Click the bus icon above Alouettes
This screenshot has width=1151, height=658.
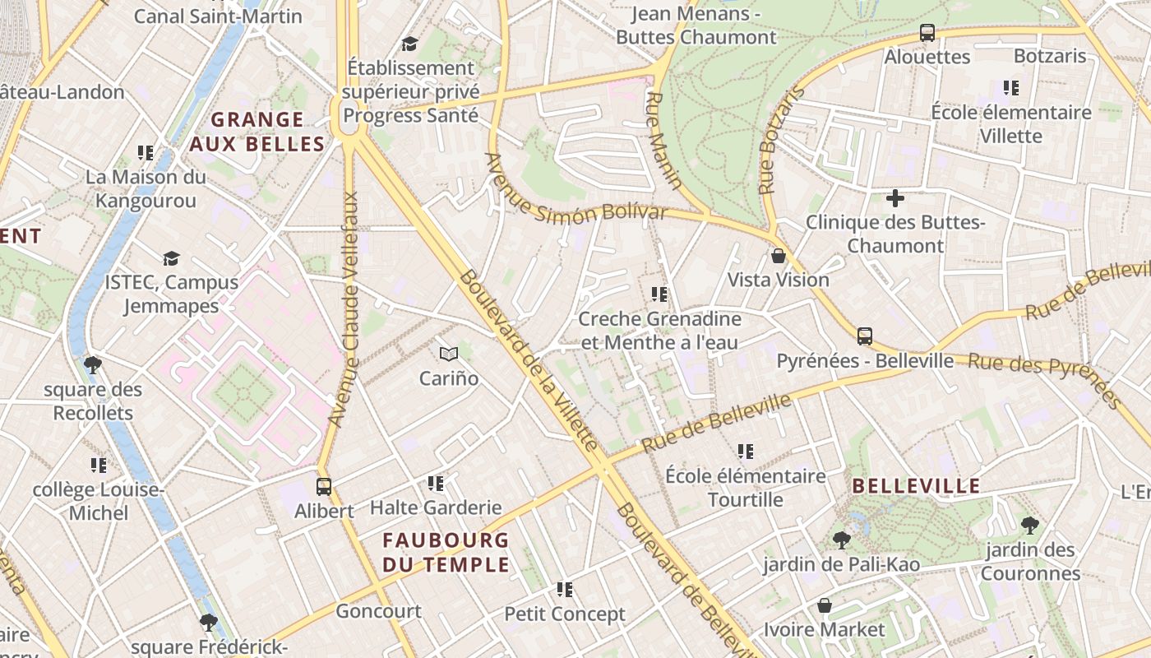click(x=927, y=33)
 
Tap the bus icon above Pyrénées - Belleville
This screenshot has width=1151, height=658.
click(x=865, y=336)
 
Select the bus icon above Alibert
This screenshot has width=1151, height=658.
click(x=324, y=486)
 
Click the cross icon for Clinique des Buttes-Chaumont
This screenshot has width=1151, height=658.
click(x=895, y=197)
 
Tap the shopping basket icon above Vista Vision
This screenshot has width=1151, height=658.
click(x=779, y=256)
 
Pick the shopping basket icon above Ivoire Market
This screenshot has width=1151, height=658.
click(x=825, y=606)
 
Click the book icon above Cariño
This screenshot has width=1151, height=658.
click(x=448, y=354)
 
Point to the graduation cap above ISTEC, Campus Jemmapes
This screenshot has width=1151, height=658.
click(x=171, y=258)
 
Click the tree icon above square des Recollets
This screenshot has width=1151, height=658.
click(x=93, y=364)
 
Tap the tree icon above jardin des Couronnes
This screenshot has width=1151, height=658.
click(x=1029, y=526)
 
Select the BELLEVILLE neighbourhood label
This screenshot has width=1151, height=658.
click(x=916, y=486)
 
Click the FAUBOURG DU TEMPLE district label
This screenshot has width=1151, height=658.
click(x=446, y=553)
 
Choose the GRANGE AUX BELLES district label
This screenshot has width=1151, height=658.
click(x=257, y=132)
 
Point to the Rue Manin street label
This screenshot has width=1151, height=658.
click(x=664, y=141)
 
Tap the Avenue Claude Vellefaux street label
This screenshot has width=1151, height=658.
click(x=344, y=309)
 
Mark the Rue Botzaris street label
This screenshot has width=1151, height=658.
click(x=780, y=141)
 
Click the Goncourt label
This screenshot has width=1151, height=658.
click(x=378, y=611)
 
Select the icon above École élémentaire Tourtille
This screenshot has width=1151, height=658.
click(x=746, y=451)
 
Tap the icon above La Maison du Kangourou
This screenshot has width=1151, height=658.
click(x=146, y=152)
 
